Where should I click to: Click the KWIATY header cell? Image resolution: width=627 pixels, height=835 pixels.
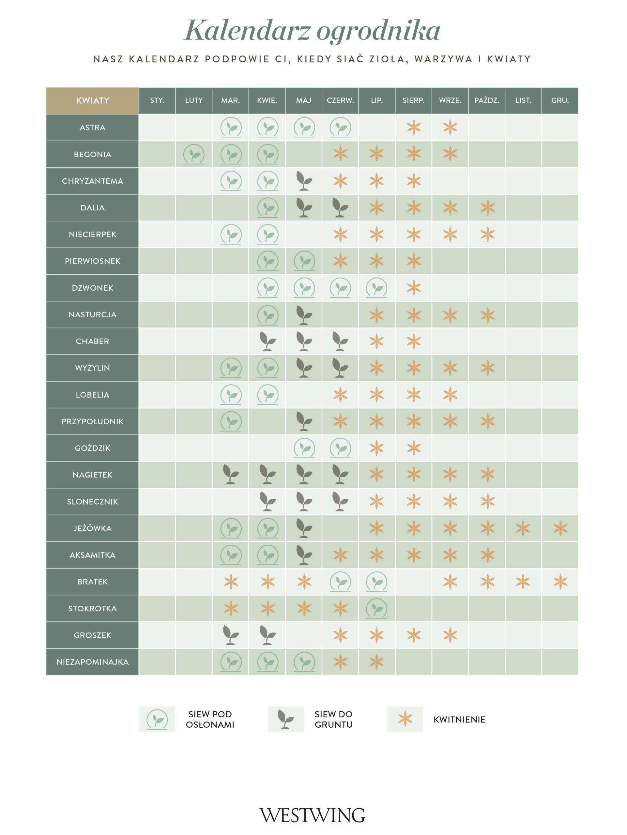(92, 100)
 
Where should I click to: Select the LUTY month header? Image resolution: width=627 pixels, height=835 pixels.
(194, 100)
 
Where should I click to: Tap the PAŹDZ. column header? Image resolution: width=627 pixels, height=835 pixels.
(487, 100)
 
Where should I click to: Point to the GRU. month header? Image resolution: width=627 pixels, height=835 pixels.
(560, 100)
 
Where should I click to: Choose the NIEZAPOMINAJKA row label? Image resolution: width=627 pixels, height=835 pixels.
(92, 662)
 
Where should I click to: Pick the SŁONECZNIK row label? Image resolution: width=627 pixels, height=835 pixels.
(92, 502)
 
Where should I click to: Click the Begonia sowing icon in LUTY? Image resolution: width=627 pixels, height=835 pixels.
(194, 154)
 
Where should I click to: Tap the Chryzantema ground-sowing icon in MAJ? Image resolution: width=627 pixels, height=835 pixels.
(304, 181)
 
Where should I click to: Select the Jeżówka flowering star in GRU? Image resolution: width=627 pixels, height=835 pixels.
(560, 528)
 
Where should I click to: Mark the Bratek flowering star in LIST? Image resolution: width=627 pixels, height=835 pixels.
(523, 582)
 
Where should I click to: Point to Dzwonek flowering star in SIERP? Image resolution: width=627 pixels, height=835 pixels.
(414, 288)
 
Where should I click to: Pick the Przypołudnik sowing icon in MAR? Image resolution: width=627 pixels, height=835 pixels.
(231, 421)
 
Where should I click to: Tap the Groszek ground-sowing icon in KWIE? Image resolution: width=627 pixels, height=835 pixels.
(268, 635)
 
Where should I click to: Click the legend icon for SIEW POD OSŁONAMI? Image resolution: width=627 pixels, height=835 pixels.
(157, 720)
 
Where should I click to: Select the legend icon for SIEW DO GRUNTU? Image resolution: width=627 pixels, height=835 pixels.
(285, 720)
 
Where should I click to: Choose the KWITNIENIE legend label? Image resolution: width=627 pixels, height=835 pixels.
(459, 720)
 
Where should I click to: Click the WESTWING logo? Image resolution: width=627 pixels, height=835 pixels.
(313, 816)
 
